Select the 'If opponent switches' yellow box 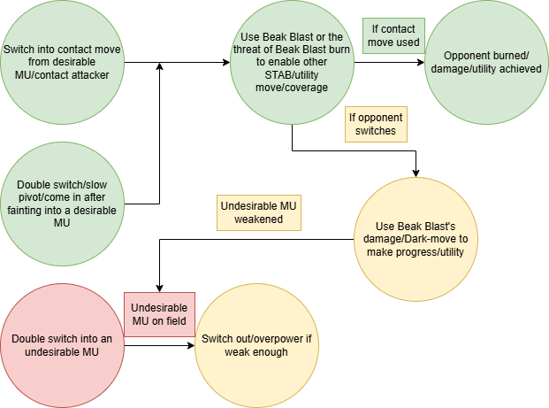click(377, 124)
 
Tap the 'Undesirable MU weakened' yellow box click(259, 212)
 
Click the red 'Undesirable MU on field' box click(158, 314)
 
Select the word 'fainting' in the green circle click(38, 211)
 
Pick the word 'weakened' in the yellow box click(259, 219)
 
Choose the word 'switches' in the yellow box click(377, 131)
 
